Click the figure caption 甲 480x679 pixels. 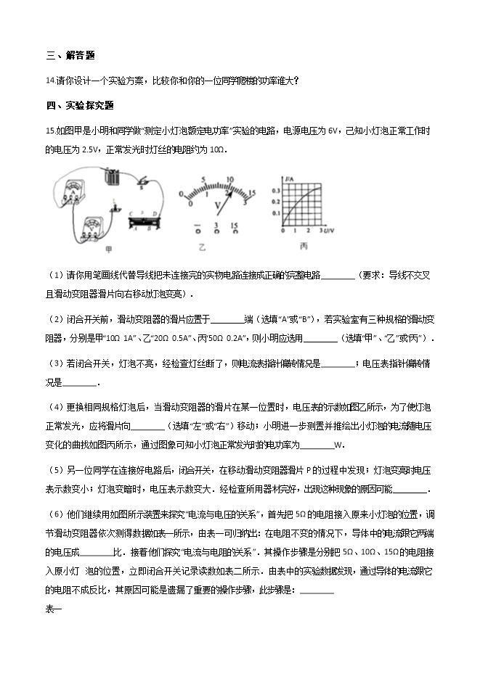(x=110, y=249)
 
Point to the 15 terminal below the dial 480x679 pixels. (x=235, y=226)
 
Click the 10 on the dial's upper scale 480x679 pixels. (x=230, y=179)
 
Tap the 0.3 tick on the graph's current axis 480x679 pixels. (x=276, y=190)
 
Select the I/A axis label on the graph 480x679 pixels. (x=288, y=176)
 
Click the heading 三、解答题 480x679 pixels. (x=70, y=55)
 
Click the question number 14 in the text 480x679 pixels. (x=49, y=81)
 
